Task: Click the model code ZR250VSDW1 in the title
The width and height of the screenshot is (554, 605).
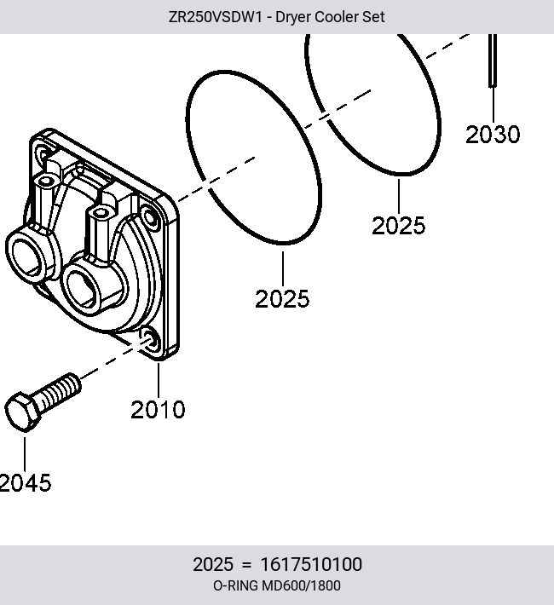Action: pyautogui.click(x=215, y=17)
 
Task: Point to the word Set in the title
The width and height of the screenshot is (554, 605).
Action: pyautogui.click(x=373, y=17)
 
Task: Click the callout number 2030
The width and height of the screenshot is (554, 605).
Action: pyautogui.click(x=493, y=135)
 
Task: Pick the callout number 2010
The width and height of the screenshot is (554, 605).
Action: pyautogui.click(x=158, y=409)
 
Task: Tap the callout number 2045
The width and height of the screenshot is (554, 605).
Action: pyautogui.click(x=25, y=482)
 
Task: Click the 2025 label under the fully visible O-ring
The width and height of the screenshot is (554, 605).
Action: pyautogui.click(x=282, y=298)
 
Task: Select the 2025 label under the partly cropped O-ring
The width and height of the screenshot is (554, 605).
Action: pyautogui.click(x=398, y=225)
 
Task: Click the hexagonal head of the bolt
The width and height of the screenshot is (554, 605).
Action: pyautogui.click(x=22, y=412)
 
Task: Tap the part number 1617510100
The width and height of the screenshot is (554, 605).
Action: pyautogui.click(x=311, y=564)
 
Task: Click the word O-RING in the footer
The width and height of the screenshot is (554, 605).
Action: pyautogui.click(x=235, y=585)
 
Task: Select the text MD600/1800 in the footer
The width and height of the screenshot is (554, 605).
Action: pyautogui.click(x=301, y=585)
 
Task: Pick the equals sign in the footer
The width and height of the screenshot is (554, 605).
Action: pyautogui.click(x=246, y=565)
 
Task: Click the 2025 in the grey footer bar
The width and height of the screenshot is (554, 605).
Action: pyautogui.click(x=213, y=564)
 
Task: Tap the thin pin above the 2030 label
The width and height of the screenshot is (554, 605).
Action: pyautogui.click(x=493, y=60)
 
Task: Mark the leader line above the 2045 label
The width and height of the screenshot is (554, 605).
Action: pyautogui.click(x=25, y=453)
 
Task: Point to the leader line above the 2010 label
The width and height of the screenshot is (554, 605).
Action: pyautogui.click(x=159, y=380)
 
